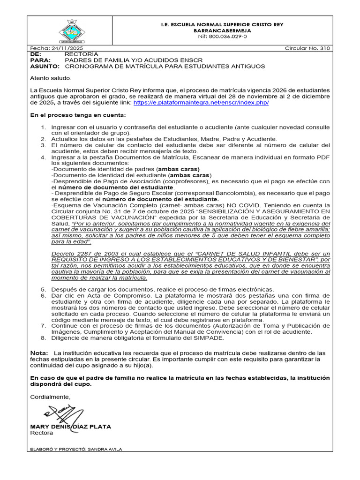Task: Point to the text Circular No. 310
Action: tap(307, 49)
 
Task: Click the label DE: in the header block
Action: tap(36, 54)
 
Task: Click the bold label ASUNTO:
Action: tap(45, 67)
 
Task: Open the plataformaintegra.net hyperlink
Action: tap(201, 103)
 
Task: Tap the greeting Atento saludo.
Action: tap(51, 78)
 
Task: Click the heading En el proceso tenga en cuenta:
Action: tap(78, 115)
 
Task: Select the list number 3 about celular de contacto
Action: tap(43, 145)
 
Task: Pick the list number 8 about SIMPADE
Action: tap(43, 338)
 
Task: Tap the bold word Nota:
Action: tap(39, 352)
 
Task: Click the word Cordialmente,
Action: tap(51, 397)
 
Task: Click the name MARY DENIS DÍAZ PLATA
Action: tap(70, 427)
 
